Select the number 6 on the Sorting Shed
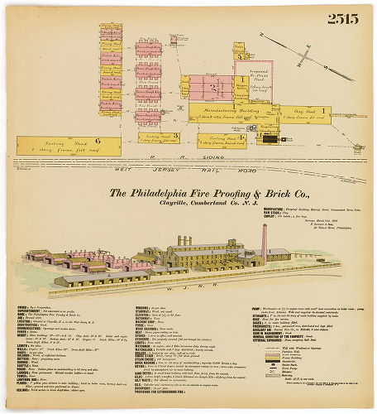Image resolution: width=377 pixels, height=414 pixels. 96,142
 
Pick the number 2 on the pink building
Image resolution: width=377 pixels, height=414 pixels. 213,85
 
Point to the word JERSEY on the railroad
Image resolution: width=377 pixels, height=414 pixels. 177,168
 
